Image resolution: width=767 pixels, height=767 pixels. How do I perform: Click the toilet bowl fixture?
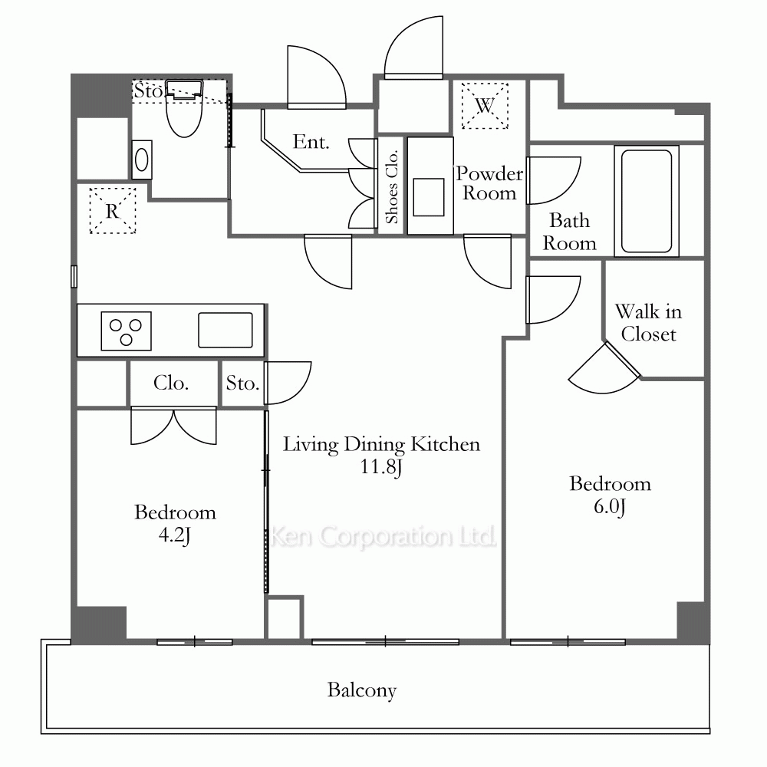tap(184, 109)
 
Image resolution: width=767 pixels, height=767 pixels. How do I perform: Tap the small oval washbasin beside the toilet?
tap(142, 160)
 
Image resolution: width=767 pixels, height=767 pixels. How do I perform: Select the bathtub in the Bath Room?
tap(646, 201)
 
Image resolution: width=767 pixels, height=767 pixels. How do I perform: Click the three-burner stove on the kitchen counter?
tap(127, 331)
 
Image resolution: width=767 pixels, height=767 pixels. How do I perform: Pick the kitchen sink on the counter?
tap(225, 330)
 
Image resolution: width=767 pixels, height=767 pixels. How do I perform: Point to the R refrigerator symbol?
tap(113, 211)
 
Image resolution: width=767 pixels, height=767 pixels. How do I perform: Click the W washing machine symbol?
tap(485, 106)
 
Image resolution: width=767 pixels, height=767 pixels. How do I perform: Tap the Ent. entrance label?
tap(311, 142)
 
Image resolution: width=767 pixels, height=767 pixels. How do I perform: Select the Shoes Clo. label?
tap(391, 186)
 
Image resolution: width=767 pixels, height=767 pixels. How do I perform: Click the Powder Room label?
tap(489, 183)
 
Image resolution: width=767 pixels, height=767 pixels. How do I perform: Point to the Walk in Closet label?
tap(648, 323)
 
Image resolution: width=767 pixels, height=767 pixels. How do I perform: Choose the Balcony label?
tap(362, 690)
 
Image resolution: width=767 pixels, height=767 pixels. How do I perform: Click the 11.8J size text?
tap(381, 466)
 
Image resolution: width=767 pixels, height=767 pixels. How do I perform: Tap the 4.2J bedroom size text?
tap(175, 535)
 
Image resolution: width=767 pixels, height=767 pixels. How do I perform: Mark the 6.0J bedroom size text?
tap(610, 506)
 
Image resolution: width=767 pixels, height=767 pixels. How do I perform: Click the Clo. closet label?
tap(171, 383)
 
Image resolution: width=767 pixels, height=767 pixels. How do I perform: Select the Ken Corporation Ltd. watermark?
tap(383, 536)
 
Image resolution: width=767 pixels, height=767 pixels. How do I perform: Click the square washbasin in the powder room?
tap(429, 197)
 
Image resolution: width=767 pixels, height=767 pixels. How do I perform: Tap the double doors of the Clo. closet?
tap(173, 426)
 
